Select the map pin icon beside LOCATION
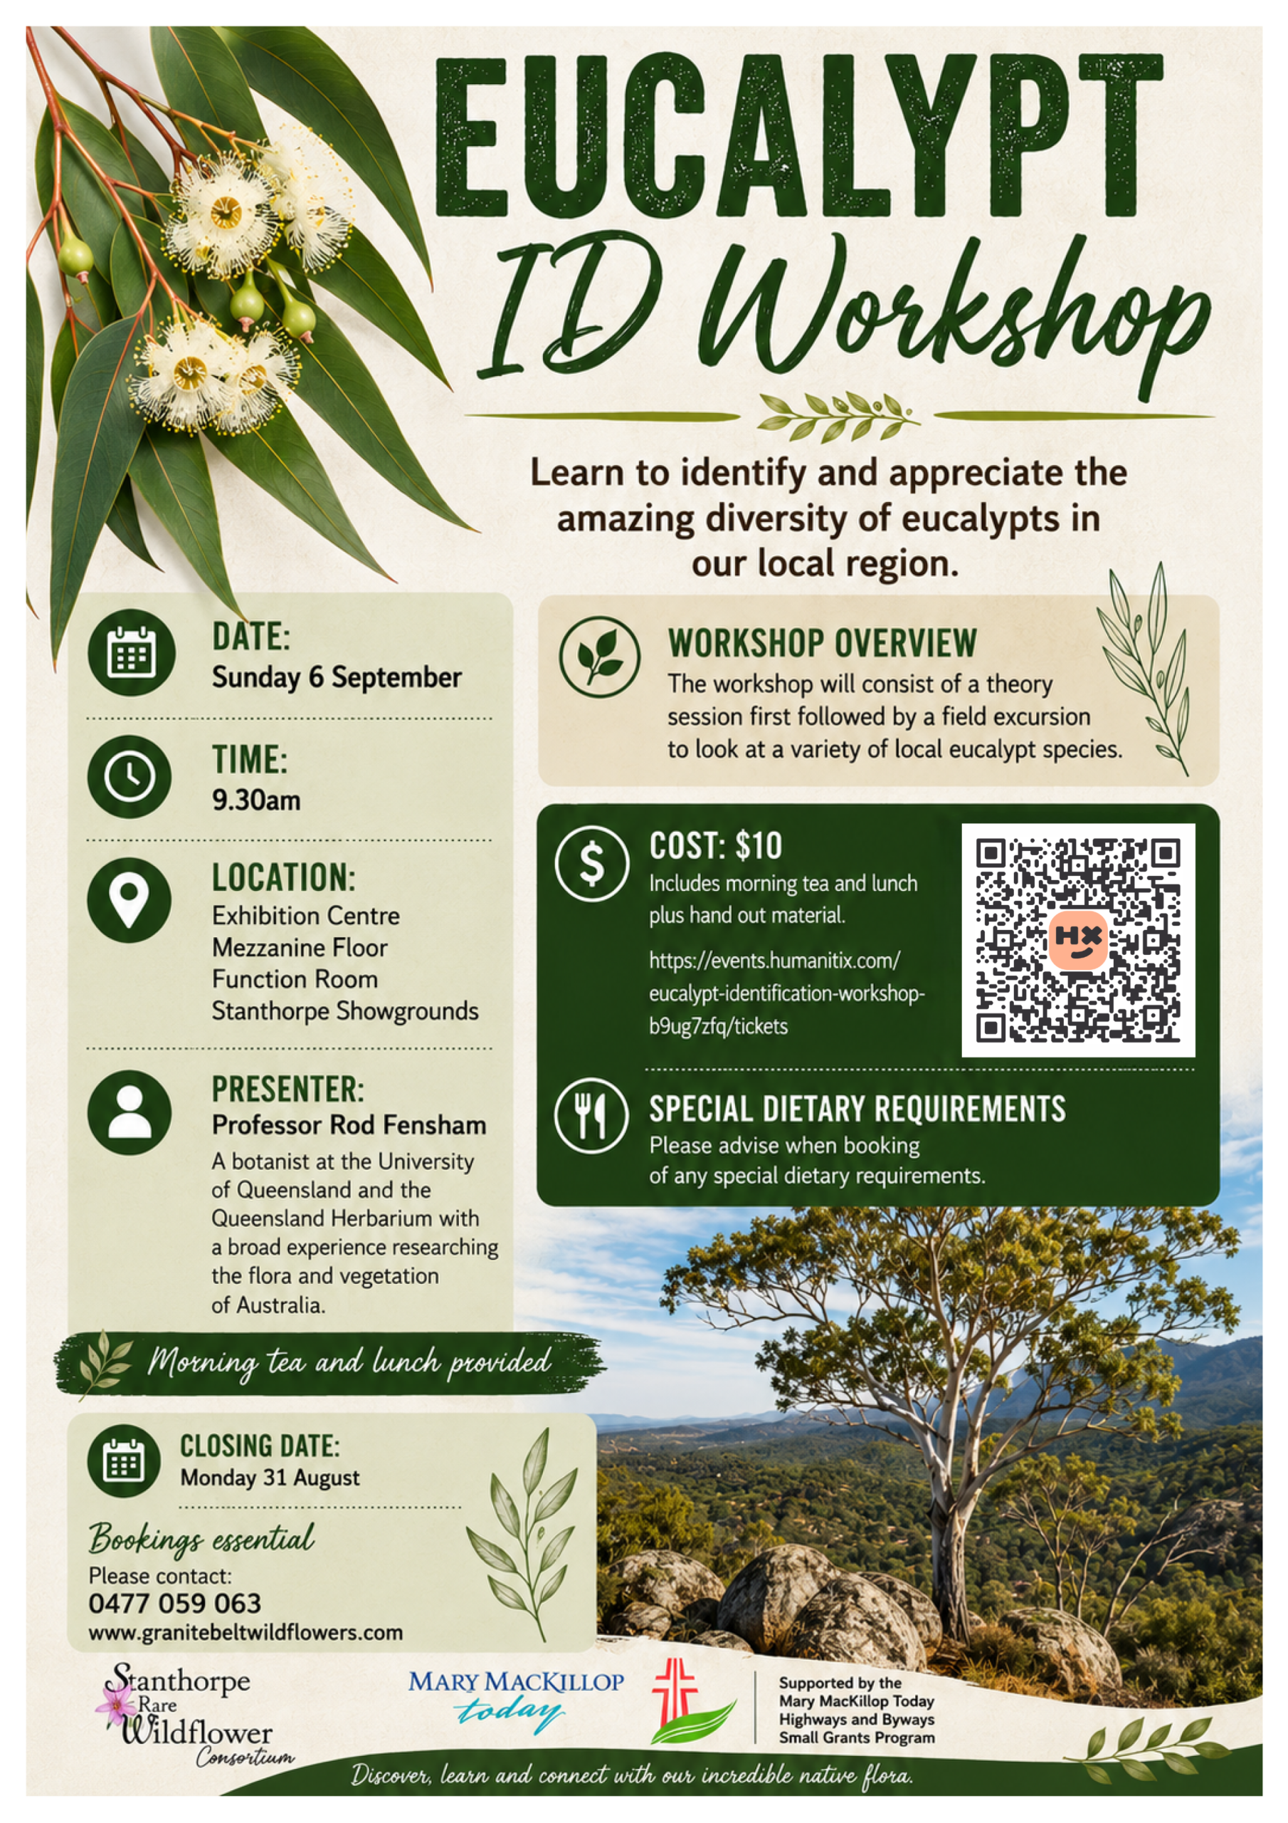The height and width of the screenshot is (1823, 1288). click(x=130, y=899)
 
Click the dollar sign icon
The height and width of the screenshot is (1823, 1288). click(x=592, y=863)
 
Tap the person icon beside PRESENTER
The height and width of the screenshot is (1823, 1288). click(x=130, y=1112)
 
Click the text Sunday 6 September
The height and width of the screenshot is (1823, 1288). click(x=337, y=677)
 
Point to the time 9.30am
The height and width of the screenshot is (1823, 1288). click(x=256, y=800)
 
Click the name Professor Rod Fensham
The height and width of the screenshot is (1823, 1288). click(x=349, y=1125)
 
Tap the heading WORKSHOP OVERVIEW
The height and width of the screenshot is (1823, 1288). click(x=822, y=643)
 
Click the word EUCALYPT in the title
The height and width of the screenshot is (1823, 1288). click(x=798, y=137)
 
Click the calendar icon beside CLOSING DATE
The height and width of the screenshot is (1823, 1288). click(x=124, y=1462)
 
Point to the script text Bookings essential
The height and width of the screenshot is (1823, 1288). click(x=201, y=1540)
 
